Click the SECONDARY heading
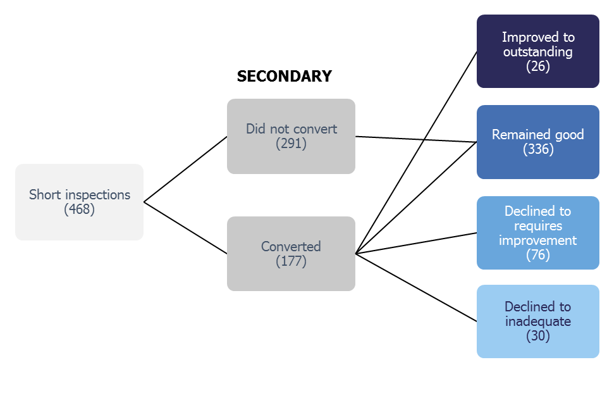coord(284,77)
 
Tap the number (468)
coord(80,209)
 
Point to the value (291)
coord(291,144)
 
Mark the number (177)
coord(291,261)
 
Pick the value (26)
coord(538,66)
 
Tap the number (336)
coord(538,149)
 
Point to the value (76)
coord(538,255)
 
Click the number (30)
coord(538,336)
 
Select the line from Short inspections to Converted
coord(185,228)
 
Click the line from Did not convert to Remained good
coord(416,139)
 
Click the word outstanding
coord(538,52)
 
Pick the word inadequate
coord(538,321)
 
